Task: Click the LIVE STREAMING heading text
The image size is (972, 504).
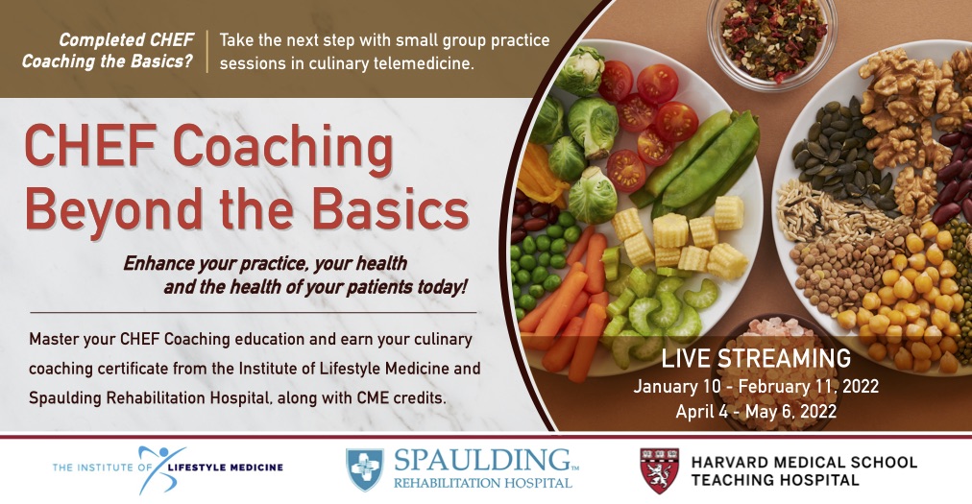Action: click(x=756, y=359)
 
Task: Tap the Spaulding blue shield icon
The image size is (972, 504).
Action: click(x=365, y=469)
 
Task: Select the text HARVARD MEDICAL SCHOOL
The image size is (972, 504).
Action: click(x=804, y=462)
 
